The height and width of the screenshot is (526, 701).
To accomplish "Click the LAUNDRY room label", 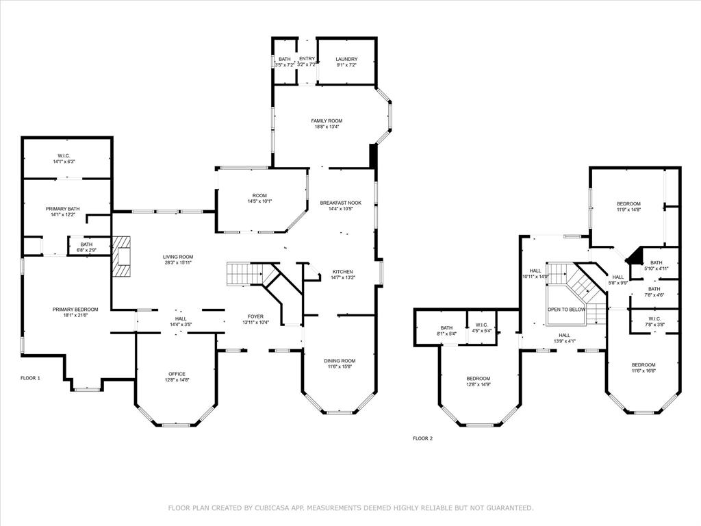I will (346, 59).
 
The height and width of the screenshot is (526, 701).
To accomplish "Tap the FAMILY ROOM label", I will (327, 121).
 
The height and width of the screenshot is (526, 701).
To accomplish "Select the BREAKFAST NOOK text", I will (340, 203).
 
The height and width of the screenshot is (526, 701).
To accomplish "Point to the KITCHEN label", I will (342, 271).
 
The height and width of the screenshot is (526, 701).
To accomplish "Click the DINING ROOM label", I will (340, 360).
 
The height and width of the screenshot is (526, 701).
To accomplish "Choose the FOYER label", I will (255, 316).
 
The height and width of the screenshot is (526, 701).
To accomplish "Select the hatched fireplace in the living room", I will (121, 258).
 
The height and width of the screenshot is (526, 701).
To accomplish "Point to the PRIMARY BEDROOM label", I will (75, 310).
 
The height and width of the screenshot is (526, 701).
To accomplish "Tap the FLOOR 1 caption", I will (31, 378).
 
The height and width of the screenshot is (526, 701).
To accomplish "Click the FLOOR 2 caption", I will (422, 438).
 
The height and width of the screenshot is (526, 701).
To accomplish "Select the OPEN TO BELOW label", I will (566, 310).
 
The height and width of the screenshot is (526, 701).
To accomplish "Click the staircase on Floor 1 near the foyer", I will (244, 274).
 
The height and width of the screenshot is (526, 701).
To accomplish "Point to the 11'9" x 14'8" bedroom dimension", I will (628, 210).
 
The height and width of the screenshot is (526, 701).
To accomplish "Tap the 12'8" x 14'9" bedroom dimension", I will (478, 385).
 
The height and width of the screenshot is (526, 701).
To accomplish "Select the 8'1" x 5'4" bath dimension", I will (447, 334).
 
